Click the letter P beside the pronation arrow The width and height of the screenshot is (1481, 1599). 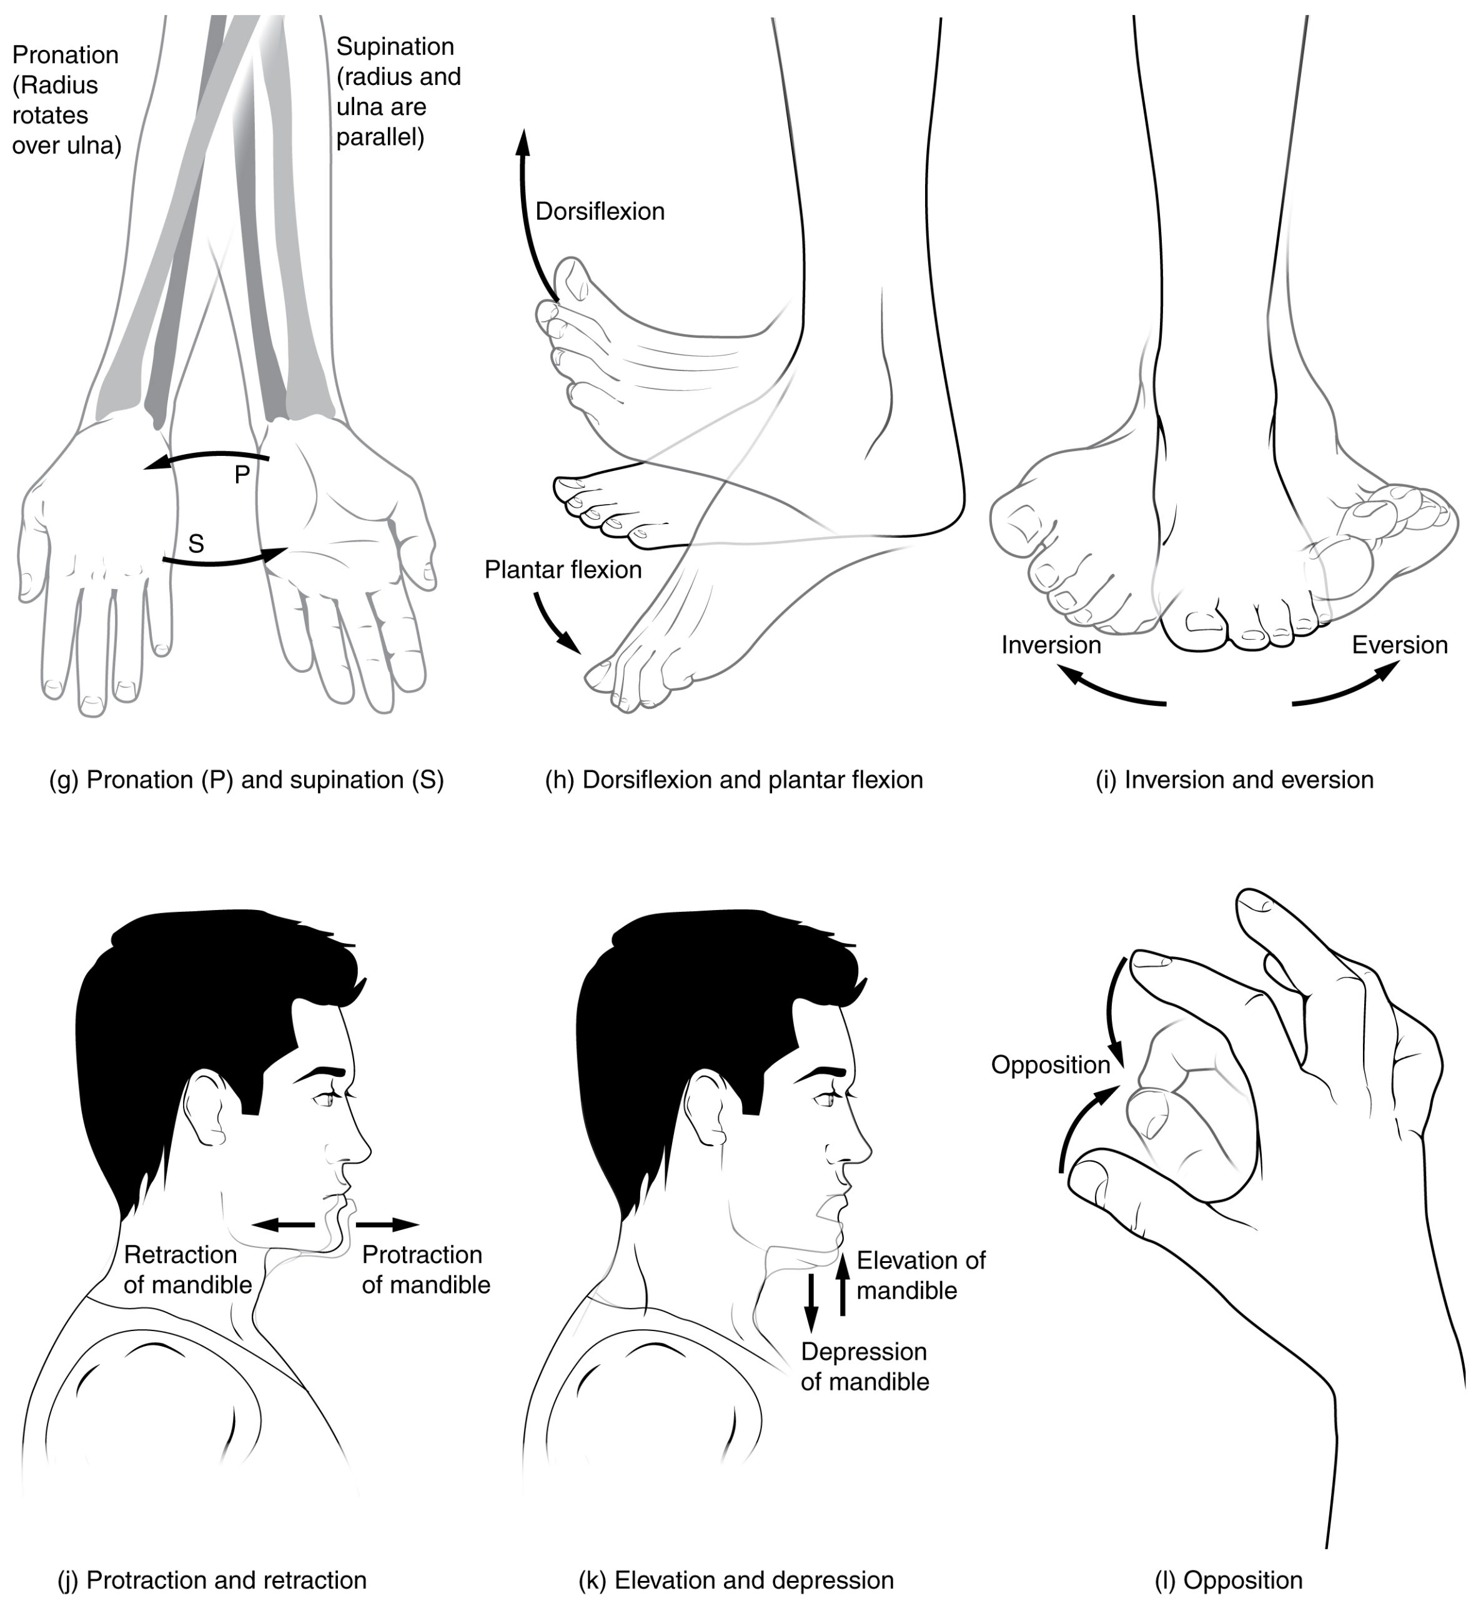242,475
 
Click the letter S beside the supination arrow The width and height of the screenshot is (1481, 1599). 196,544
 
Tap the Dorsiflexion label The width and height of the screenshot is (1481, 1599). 600,212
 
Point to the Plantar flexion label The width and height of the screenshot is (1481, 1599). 563,570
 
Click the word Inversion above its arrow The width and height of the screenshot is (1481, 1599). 1051,645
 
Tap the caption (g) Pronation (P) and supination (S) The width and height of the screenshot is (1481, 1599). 246,780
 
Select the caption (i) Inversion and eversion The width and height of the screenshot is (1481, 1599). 1234,780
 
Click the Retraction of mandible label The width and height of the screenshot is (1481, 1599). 187,1270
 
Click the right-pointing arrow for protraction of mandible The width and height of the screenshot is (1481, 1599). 387,1225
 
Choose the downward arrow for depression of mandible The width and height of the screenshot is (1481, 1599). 811,1302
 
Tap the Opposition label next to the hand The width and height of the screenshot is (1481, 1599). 1050,1065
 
